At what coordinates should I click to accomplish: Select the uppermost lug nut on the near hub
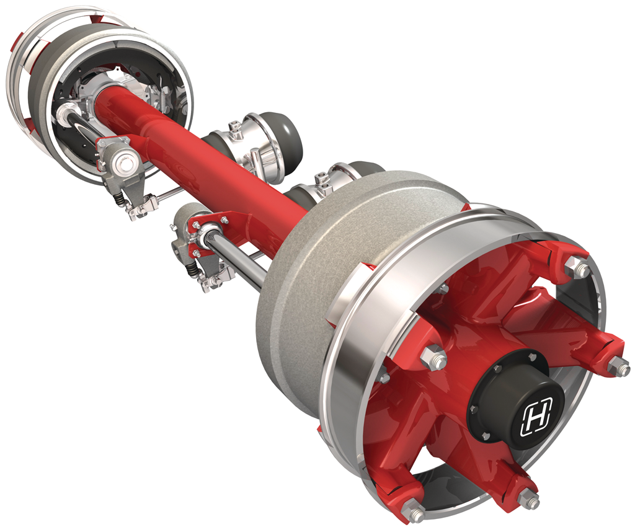pyautogui.click(x=577, y=268)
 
